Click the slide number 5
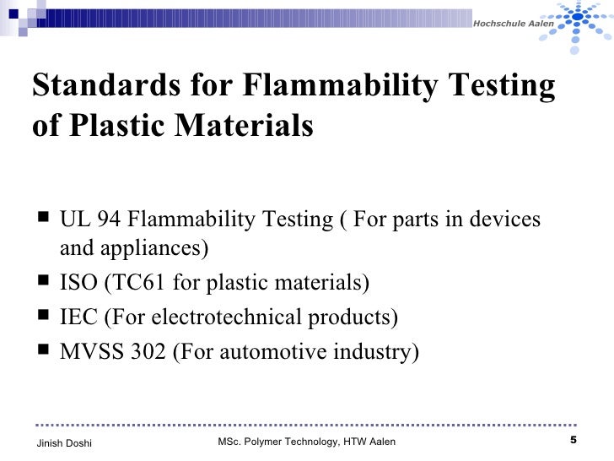(x=574, y=441)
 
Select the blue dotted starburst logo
(x=585, y=25)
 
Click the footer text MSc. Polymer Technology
(x=279, y=442)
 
